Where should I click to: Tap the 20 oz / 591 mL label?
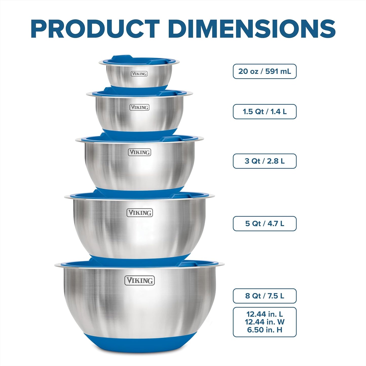pos(264,71)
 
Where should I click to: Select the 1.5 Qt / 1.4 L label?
pos(264,112)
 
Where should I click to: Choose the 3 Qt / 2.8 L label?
pos(264,161)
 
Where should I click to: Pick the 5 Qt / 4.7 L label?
pos(264,224)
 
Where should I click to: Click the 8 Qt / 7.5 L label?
pos(264,296)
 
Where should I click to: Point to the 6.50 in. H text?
pos(264,330)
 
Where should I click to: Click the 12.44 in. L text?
pos(264,314)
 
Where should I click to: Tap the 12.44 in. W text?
pos(264,322)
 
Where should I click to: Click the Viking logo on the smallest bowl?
pos(139,74)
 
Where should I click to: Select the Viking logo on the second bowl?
pos(139,107)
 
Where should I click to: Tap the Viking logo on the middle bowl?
pos(139,152)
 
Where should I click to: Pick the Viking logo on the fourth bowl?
pos(140,213)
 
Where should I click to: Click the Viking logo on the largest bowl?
pos(140,281)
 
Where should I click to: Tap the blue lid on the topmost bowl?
pos(139,60)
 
